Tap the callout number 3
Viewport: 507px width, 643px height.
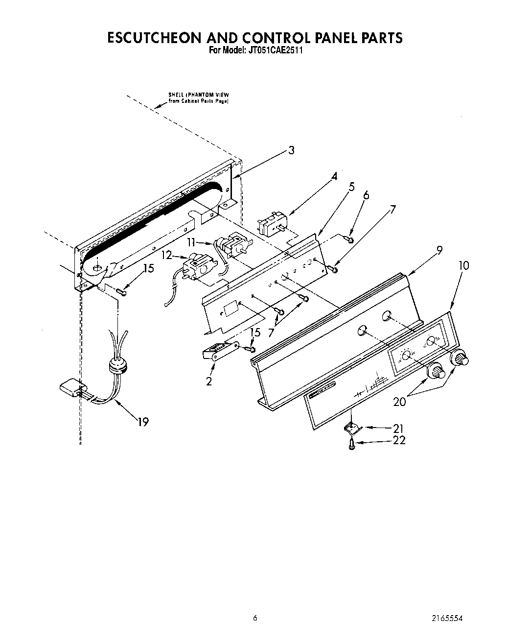(x=291, y=150)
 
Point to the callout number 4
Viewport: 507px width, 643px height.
(x=334, y=177)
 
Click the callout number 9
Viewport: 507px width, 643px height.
(x=439, y=251)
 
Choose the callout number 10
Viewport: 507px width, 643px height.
(x=463, y=265)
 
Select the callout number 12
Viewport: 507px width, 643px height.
(x=167, y=255)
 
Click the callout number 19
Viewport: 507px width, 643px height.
(x=143, y=421)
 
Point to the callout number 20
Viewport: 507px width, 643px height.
(x=400, y=402)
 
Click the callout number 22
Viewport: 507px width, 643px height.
(x=399, y=440)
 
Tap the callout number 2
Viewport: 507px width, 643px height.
(x=209, y=381)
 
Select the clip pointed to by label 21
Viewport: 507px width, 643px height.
(x=352, y=428)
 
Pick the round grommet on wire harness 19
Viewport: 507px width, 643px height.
(x=117, y=366)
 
